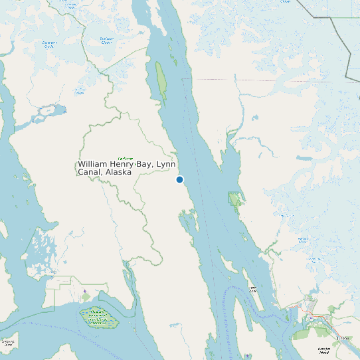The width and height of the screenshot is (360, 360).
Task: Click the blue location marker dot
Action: coord(179,179)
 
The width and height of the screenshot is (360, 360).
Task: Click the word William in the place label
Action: coord(93,163)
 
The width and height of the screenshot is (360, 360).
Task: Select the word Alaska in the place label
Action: coord(117,172)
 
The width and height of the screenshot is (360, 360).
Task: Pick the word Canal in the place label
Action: coord(90,172)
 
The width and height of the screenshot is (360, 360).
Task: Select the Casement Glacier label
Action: coord(49,45)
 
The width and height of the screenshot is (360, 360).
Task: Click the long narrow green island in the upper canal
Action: coord(161,82)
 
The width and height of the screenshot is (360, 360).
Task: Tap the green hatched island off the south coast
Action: coord(99,317)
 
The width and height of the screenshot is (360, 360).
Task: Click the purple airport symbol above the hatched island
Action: coord(85,291)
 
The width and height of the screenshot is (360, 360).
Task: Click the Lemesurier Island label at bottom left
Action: coord(8,343)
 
